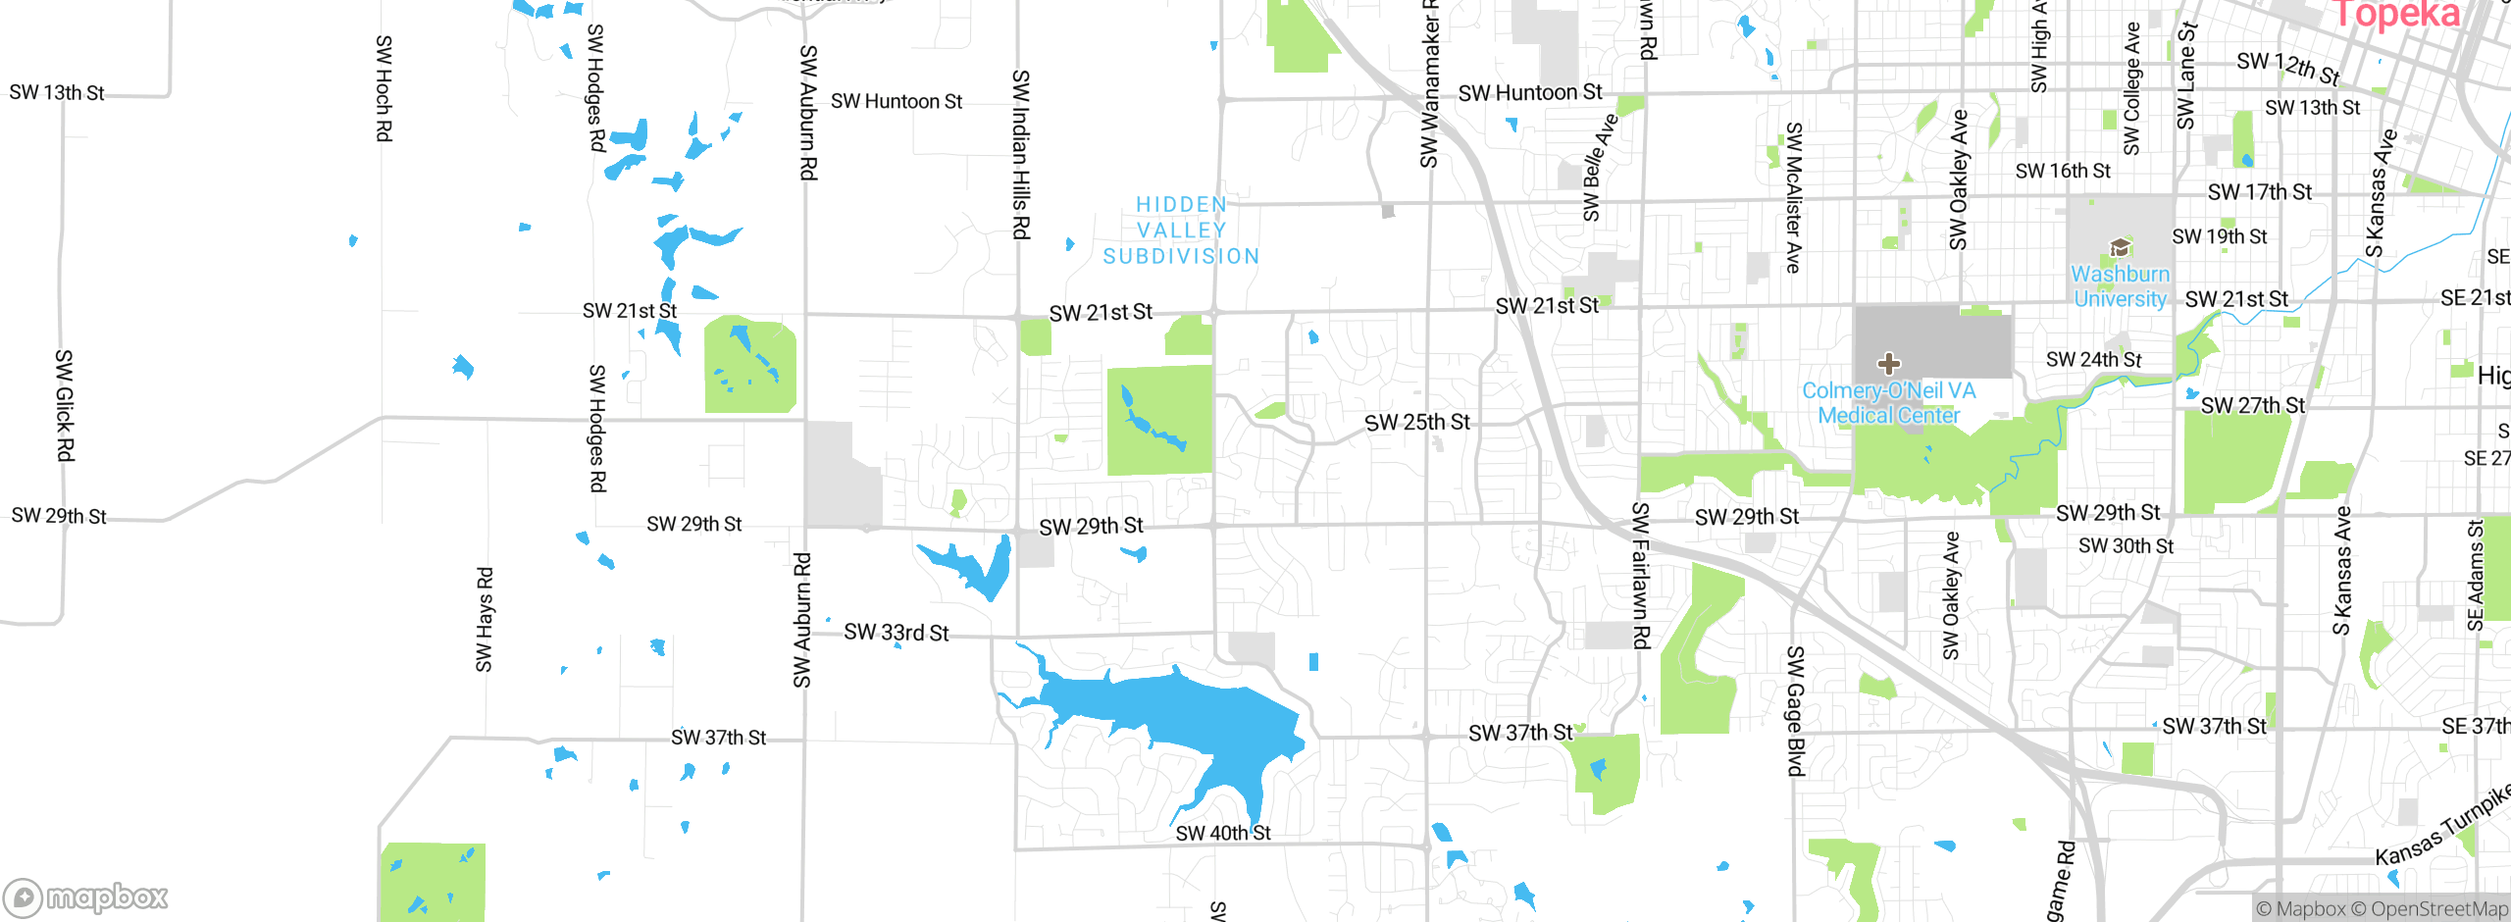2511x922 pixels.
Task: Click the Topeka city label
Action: point(2395,14)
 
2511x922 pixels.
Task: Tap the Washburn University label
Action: point(2120,286)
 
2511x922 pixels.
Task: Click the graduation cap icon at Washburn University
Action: point(2120,246)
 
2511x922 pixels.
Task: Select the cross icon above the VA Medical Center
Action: point(1888,364)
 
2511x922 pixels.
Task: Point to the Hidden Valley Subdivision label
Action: point(1181,230)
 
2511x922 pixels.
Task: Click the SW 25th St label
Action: point(1416,423)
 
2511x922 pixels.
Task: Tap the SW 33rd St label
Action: point(896,633)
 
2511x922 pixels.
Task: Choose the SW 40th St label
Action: point(1222,833)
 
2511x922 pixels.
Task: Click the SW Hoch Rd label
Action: point(384,88)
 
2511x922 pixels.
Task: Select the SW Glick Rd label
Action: point(64,405)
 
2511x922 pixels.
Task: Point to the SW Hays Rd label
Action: point(485,620)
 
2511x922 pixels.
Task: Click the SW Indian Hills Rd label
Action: point(1021,154)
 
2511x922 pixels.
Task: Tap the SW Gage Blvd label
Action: point(1795,711)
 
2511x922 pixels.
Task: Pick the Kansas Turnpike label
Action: point(2442,826)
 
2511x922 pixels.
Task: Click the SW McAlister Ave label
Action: point(1794,197)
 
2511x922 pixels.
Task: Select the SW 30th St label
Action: point(2126,546)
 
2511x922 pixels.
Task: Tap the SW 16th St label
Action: point(2063,172)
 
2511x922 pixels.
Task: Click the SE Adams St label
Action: point(2475,576)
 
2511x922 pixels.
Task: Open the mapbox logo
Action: point(86,896)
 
